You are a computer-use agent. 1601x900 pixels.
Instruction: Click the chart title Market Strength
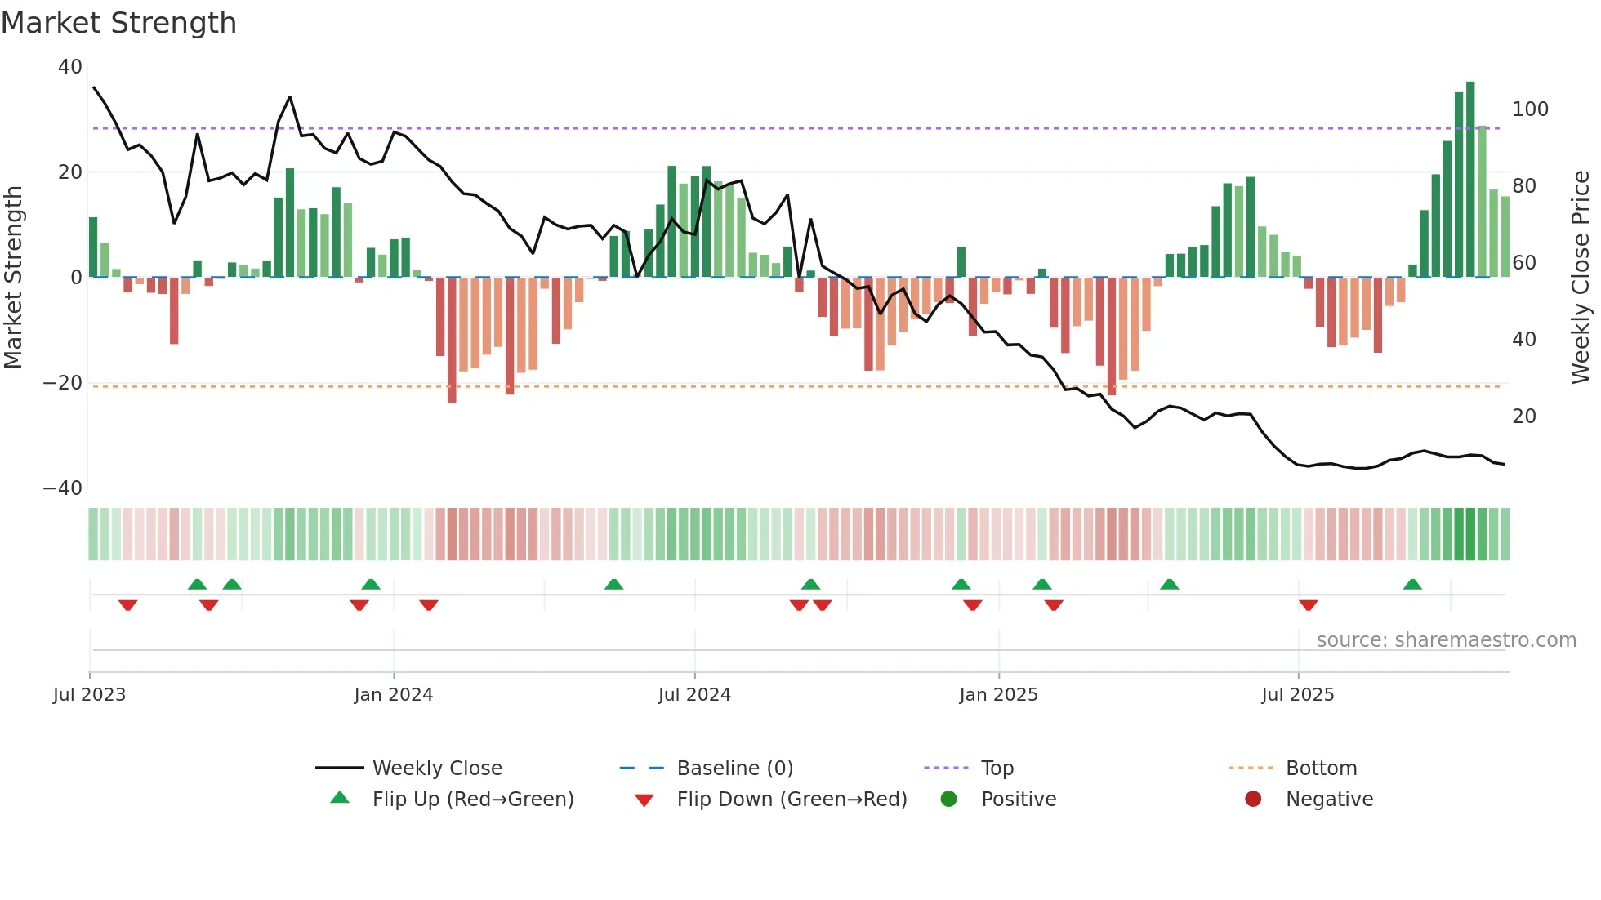pyautogui.click(x=118, y=23)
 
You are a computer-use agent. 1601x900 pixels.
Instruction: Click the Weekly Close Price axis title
pyautogui.click(x=1581, y=277)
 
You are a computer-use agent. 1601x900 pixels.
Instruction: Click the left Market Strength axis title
pyautogui.click(x=13, y=277)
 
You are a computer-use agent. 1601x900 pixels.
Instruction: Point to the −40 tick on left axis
pyautogui.click(x=63, y=488)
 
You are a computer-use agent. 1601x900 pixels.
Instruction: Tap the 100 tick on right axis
pyautogui.click(x=1530, y=109)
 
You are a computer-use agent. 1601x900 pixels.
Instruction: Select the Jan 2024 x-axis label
pyautogui.click(x=393, y=695)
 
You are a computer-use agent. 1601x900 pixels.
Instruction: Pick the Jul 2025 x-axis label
pyautogui.click(x=1297, y=695)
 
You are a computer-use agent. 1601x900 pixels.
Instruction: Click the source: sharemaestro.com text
pyautogui.click(x=1446, y=640)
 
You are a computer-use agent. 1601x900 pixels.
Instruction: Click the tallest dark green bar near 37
pyautogui.click(x=1470, y=180)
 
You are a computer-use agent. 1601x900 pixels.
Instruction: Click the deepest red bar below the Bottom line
pyautogui.click(x=452, y=340)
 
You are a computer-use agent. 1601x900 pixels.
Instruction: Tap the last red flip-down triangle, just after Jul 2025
pyautogui.click(x=1308, y=605)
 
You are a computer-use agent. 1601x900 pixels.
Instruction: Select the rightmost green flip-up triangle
pyautogui.click(x=1412, y=584)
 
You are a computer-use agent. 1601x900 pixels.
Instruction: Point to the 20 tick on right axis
pyautogui.click(x=1524, y=417)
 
